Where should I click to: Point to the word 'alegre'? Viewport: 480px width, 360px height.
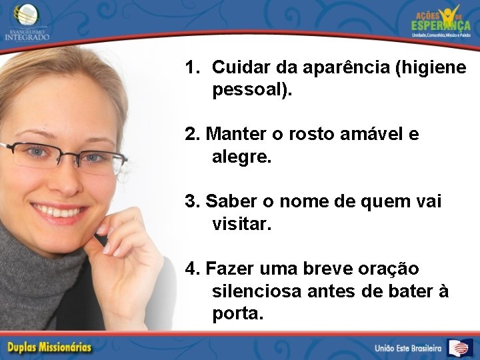239,158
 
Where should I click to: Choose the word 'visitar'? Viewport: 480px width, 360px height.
239,225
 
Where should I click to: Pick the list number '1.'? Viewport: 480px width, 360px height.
193,68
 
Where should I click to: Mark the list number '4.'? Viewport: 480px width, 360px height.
193,269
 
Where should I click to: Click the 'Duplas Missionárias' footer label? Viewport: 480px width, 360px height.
49,347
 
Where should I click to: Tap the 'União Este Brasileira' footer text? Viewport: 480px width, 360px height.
407,348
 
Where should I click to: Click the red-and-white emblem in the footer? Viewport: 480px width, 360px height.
459,347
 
